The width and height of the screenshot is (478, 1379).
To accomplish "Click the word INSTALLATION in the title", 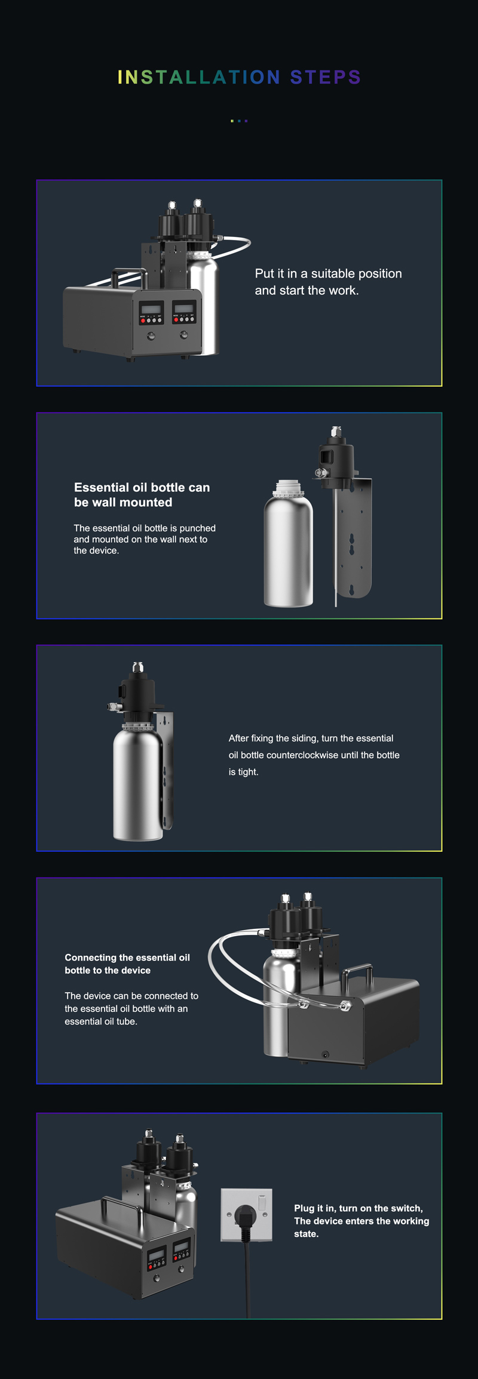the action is (199, 77).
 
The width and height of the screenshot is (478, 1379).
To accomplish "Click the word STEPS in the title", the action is (326, 77).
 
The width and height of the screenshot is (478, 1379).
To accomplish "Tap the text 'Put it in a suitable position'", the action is (328, 274).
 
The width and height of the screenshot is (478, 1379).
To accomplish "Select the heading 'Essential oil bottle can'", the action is (142, 487).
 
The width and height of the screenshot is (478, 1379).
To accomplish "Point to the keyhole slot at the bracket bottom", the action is (351, 589).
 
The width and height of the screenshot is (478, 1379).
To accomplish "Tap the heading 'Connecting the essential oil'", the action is (127, 958).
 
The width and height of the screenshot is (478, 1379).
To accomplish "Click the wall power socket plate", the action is (246, 1214).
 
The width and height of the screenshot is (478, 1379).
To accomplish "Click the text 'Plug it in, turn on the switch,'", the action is (358, 1208).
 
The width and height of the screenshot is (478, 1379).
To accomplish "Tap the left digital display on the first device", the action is (151, 309).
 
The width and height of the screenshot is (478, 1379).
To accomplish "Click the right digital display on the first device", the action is (184, 308).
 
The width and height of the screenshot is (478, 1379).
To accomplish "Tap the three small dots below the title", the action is (239, 121).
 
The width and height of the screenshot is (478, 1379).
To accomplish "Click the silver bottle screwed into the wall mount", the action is (138, 782).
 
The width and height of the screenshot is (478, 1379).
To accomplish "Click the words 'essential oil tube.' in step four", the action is (101, 1021).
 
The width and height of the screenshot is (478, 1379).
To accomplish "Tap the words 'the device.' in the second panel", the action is (96, 550).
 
